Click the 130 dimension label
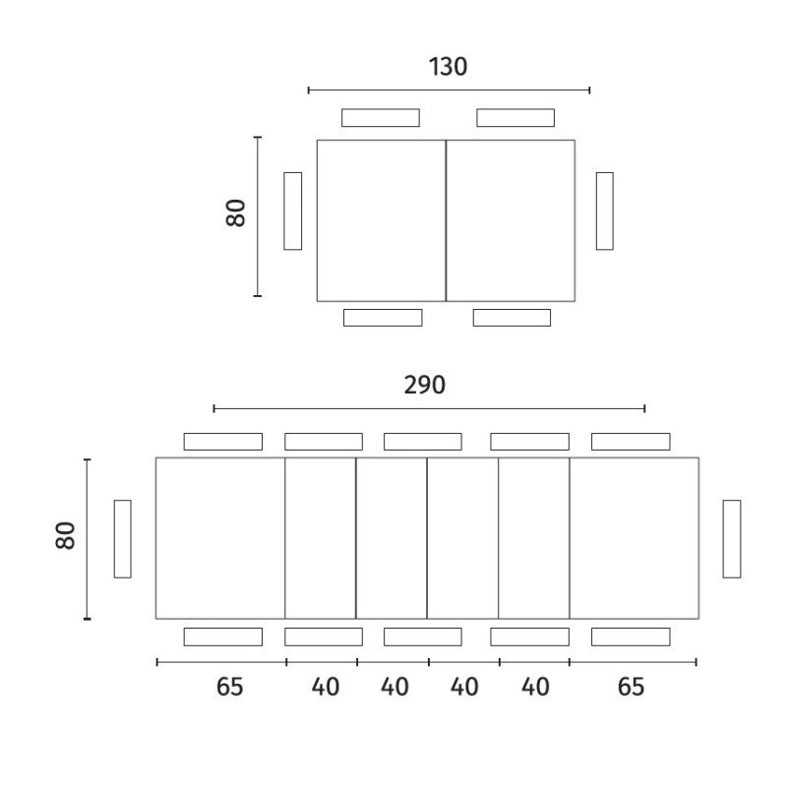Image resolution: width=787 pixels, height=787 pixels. (448, 67)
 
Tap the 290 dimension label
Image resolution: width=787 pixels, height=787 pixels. (425, 385)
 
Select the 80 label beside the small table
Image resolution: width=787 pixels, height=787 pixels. (235, 213)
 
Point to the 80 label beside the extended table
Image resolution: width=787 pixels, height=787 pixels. (65, 536)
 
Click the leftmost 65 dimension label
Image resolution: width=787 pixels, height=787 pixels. (229, 687)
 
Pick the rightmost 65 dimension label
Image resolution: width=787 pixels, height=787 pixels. (631, 687)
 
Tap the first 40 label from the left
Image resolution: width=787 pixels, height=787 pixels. (326, 687)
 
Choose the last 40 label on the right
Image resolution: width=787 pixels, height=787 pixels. (535, 687)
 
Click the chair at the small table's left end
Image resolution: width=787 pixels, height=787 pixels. (292, 212)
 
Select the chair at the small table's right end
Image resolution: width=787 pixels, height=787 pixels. (605, 212)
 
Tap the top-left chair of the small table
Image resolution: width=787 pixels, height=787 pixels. (381, 118)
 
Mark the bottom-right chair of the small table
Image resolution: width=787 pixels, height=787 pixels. (512, 318)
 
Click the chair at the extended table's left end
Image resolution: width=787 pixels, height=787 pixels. (122, 539)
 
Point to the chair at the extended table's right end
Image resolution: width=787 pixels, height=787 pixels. (732, 539)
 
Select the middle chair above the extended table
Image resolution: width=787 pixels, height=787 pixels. (423, 442)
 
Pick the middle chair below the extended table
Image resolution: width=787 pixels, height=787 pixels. (423, 636)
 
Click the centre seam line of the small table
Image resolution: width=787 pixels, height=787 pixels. (446, 220)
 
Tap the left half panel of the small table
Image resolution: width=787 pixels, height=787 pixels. (381, 220)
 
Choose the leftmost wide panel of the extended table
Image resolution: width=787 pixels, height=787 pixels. (220, 538)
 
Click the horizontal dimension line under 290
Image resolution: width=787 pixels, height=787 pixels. (429, 409)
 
